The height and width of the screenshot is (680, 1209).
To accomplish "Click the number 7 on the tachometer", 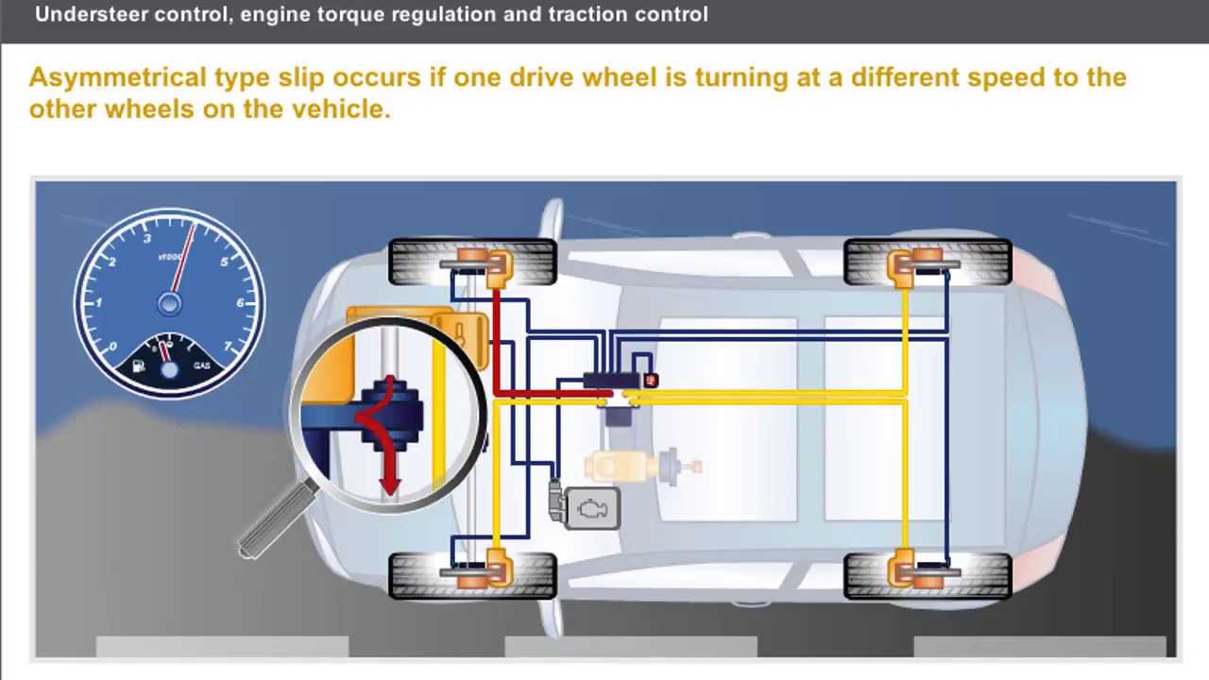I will click(230, 346).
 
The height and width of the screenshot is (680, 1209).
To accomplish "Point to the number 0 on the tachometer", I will click(111, 347).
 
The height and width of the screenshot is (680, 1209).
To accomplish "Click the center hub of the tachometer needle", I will click(170, 303).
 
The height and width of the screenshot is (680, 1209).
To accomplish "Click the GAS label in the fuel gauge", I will click(201, 365).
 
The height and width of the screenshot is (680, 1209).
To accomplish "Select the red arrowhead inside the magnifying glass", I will click(388, 485).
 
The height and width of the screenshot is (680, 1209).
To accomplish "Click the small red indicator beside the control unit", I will click(651, 380).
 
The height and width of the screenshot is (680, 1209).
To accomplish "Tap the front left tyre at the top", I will click(472, 262).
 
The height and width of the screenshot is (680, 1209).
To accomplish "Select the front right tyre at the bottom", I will click(472, 575).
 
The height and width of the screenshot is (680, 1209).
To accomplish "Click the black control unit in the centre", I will click(612, 381).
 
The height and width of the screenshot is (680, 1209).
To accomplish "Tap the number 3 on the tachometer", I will click(147, 239).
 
